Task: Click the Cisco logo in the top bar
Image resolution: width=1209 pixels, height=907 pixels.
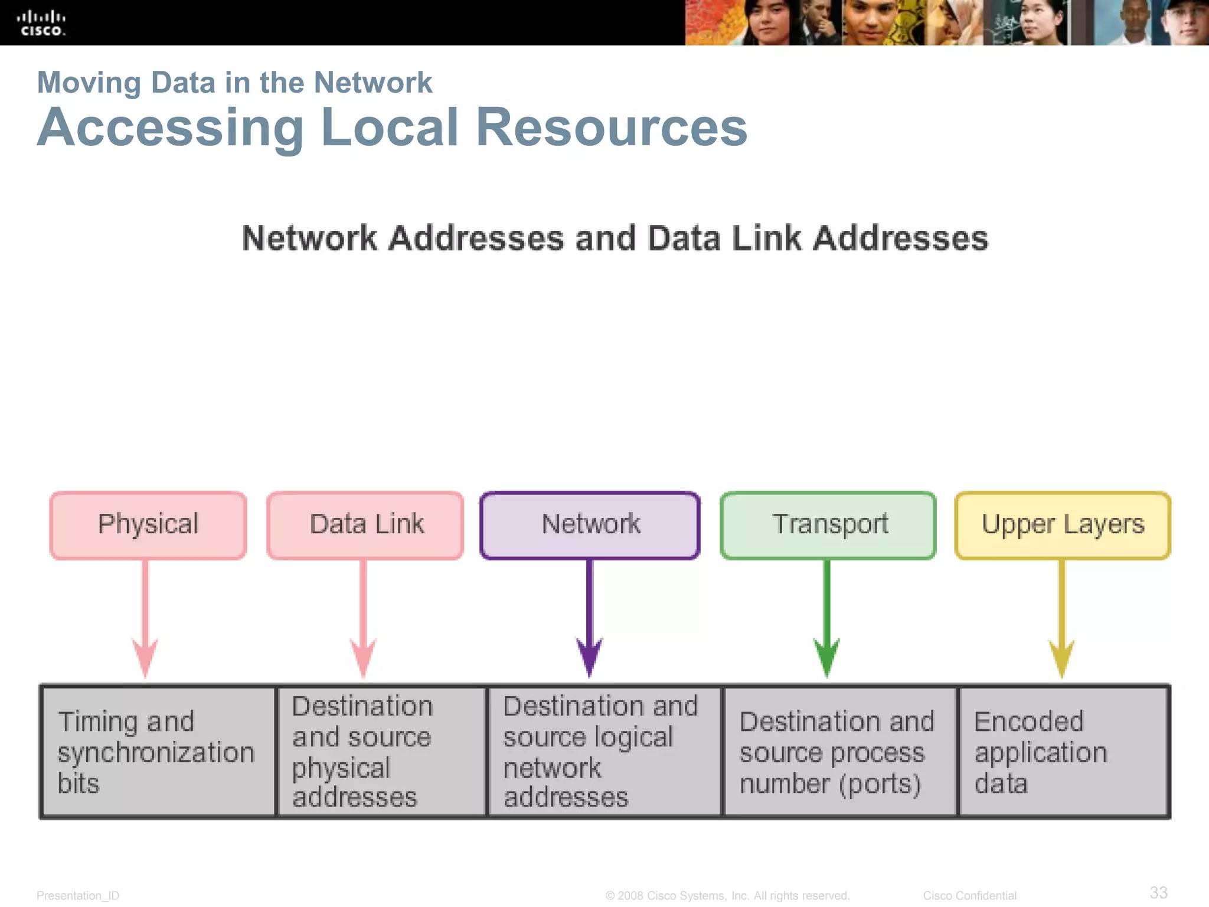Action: click(x=41, y=24)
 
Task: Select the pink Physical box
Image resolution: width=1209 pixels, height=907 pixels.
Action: click(x=148, y=525)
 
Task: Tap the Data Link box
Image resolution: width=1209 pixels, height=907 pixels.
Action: click(x=365, y=525)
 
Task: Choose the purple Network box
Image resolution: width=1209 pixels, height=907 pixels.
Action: click(x=590, y=525)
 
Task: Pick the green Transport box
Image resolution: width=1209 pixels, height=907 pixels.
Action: click(x=828, y=525)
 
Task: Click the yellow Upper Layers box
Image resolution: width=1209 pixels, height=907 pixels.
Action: click(x=1063, y=525)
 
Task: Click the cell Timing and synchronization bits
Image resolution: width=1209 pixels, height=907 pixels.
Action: click(x=158, y=752)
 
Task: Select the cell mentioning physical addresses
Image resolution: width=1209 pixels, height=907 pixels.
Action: click(x=381, y=752)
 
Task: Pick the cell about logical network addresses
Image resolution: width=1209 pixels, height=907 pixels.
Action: click(x=604, y=752)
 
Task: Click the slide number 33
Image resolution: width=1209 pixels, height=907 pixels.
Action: click(x=1158, y=892)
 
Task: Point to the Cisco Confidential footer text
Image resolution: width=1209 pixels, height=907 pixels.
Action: click(x=969, y=896)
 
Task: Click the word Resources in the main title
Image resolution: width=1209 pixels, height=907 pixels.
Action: click(x=611, y=128)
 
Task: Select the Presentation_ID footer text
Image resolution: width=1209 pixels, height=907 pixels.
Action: click(x=78, y=896)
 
